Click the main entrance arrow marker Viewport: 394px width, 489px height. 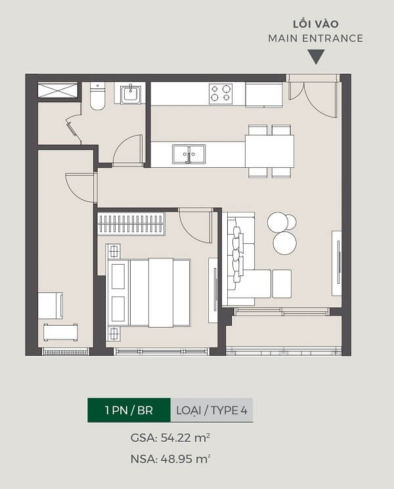[x=316, y=57]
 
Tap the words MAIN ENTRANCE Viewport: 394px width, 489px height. [x=316, y=39]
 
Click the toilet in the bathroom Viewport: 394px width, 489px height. [x=97, y=96]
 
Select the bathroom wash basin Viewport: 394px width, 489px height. [x=130, y=93]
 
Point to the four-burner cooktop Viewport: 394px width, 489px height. [x=221, y=94]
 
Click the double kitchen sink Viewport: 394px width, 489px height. [x=188, y=154]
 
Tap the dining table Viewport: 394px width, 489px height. [x=269, y=151]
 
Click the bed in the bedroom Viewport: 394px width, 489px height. [x=148, y=292]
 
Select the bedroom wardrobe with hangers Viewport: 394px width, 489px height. [x=131, y=224]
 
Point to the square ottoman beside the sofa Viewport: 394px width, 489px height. [x=282, y=284]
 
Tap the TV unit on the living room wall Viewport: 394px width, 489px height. [x=337, y=264]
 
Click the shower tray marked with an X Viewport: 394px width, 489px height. [x=58, y=90]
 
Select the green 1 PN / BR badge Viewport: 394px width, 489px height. [x=129, y=410]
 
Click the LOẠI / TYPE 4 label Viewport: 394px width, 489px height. [x=211, y=410]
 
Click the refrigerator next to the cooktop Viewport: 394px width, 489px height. [x=264, y=95]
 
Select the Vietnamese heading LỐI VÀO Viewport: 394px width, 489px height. [x=316, y=24]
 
